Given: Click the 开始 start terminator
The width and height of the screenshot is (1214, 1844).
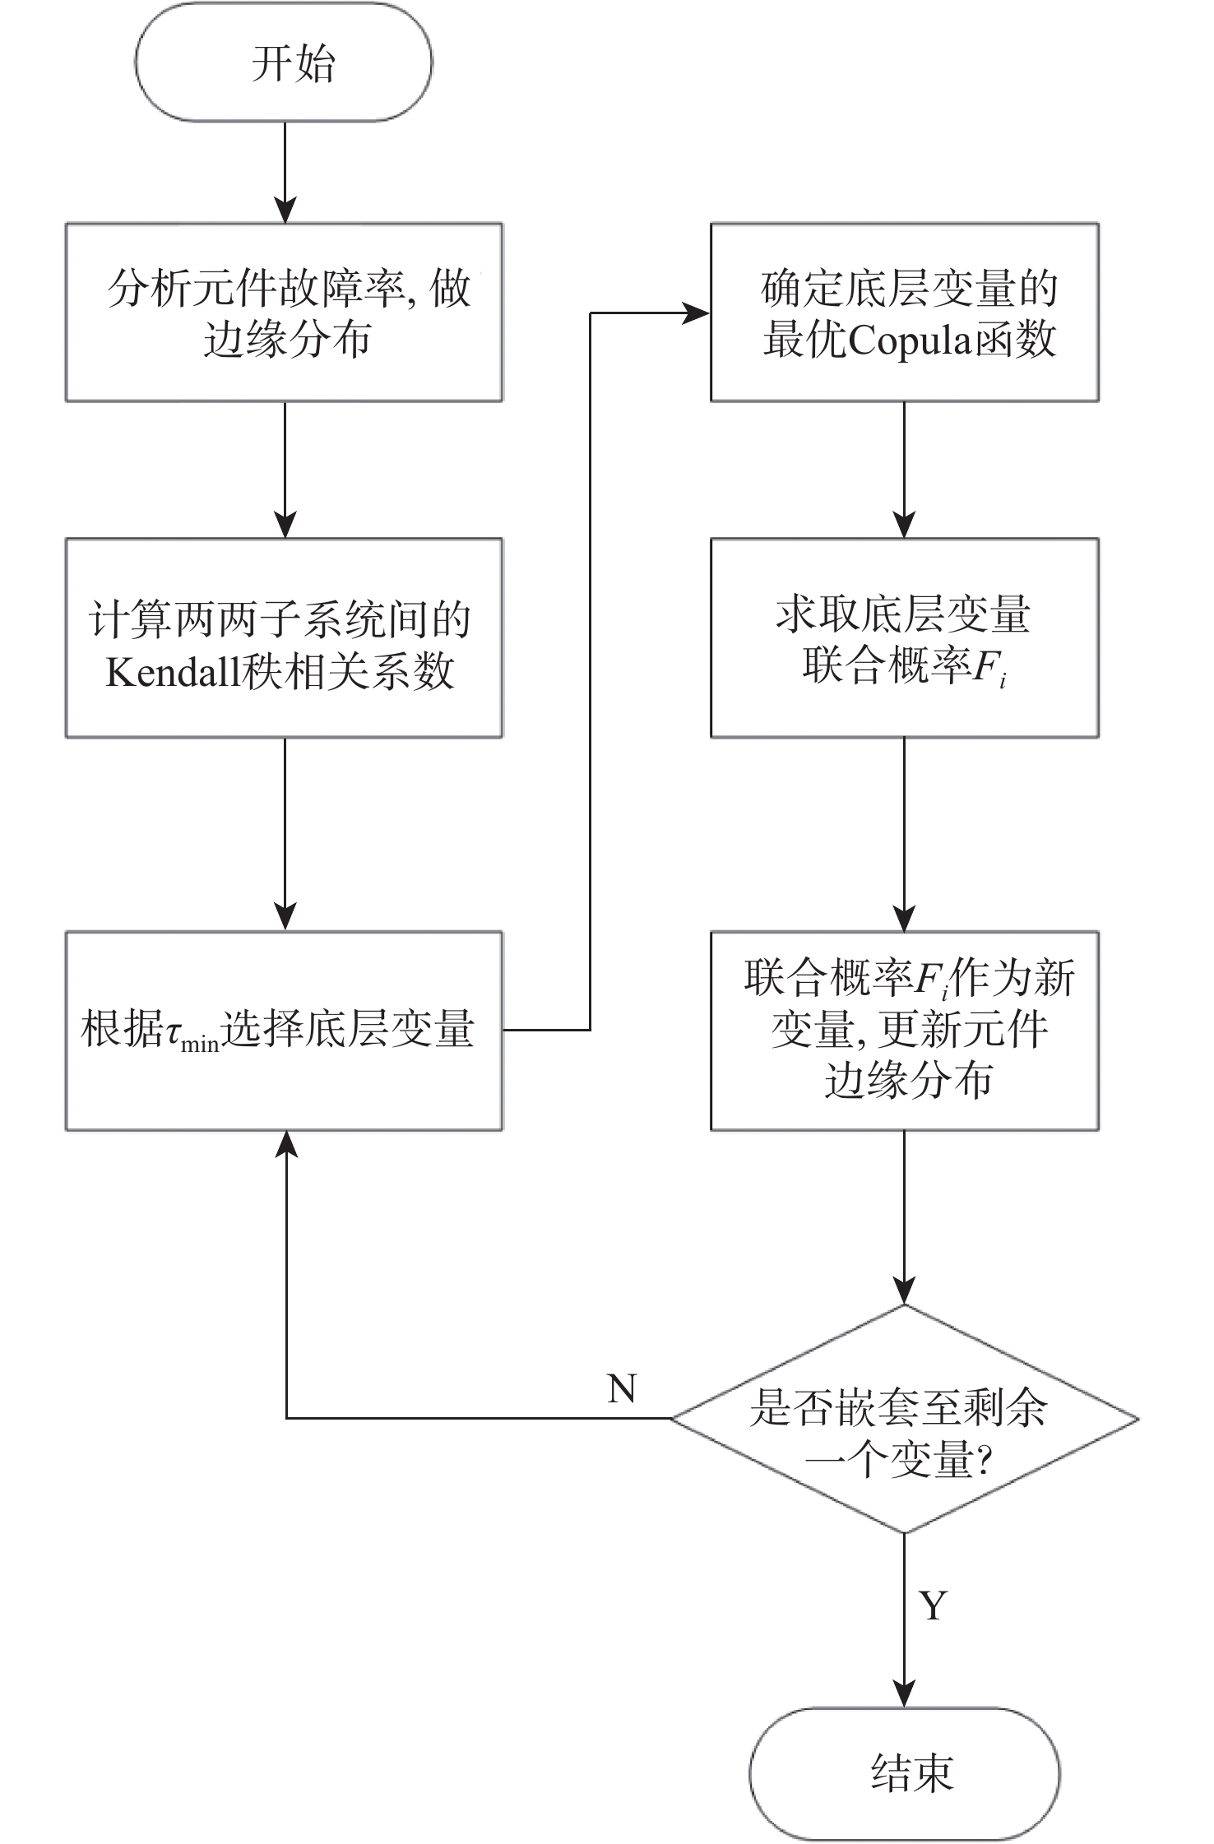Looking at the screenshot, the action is click(284, 63).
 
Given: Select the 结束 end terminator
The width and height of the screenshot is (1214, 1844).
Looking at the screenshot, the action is click(904, 1772).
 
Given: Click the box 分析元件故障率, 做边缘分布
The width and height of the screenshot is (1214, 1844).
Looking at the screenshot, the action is click(285, 313).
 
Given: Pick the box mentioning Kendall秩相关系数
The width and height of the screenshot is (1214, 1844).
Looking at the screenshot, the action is click(285, 638).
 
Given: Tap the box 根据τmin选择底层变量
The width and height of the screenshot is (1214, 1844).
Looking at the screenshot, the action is click(285, 1031).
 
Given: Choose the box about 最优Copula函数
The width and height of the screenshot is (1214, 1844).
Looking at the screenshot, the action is click(905, 313).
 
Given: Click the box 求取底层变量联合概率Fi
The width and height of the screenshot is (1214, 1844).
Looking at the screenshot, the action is click(905, 638).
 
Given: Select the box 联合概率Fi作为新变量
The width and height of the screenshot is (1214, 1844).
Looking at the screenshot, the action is click(905, 1031).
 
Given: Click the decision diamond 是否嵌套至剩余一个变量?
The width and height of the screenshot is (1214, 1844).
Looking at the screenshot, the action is click(905, 1419).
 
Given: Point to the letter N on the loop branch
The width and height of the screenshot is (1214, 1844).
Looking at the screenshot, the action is click(622, 1389).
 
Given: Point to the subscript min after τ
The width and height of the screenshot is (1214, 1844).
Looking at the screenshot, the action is click(200, 1045).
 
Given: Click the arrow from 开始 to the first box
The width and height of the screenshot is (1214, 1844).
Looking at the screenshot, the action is click(285, 173).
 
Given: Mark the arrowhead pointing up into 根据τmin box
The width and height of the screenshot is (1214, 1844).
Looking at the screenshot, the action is click(285, 1144).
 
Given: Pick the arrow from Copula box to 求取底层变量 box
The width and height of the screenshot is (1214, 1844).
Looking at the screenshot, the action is click(905, 470).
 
